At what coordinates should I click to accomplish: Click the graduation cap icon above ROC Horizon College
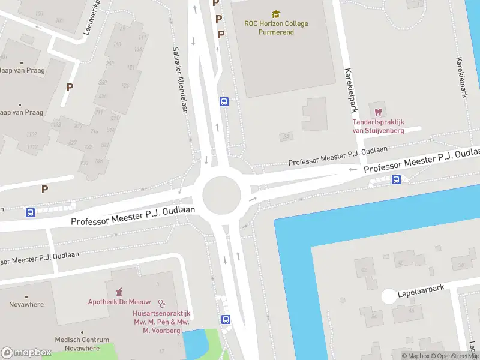click(276, 14)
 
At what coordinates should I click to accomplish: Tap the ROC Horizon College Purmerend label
click(276, 28)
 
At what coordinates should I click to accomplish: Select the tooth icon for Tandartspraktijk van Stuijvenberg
click(378, 112)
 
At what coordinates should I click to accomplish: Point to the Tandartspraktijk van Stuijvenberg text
click(378, 127)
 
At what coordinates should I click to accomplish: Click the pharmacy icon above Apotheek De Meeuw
click(119, 292)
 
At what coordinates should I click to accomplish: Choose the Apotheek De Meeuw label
click(119, 302)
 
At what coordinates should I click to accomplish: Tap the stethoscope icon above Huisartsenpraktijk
click(161, 304)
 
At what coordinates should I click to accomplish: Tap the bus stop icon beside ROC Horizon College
click(224, 101)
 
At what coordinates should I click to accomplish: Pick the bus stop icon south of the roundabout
click(226, 319)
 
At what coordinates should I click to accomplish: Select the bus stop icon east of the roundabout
click(396, 179)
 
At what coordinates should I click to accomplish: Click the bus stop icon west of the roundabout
click(30, 212)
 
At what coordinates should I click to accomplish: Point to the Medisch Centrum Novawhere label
click(79, 343)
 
